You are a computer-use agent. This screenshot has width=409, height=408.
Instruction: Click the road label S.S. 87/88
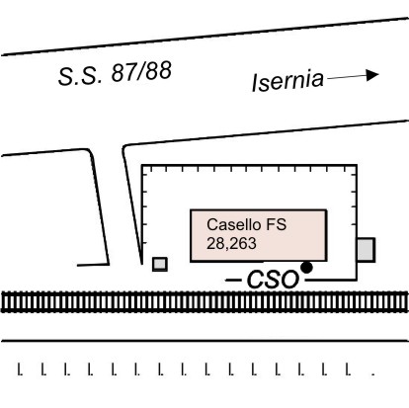point(115,73)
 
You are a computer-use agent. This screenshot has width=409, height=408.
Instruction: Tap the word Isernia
point(287,81)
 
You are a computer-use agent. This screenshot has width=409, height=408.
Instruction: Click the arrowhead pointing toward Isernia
point(372,75)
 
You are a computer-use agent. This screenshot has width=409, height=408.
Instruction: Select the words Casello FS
point(246,224)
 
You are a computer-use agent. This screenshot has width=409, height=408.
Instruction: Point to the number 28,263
point(231,244)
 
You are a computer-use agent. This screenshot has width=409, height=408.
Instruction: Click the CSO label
point(273,281)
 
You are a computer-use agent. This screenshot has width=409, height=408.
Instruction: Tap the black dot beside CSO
point(306,268)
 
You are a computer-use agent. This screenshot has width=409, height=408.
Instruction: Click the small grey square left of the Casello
point(160,264)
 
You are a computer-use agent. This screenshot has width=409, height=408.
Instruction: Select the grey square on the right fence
point(367,250)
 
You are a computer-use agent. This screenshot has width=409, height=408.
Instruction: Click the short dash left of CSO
point(233,281)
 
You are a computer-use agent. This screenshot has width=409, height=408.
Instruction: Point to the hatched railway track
point(204,302)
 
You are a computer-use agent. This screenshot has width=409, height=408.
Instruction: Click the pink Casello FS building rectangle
point(259,235)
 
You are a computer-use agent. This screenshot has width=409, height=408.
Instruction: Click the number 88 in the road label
point(159,71)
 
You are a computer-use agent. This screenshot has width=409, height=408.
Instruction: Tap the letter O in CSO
point(290,281)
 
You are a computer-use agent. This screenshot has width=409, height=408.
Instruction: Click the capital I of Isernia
point(255,82)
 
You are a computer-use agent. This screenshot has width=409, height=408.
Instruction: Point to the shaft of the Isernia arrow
point(347,77)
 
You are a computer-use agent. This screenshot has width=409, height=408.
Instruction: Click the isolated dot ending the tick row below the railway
point(372,373)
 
